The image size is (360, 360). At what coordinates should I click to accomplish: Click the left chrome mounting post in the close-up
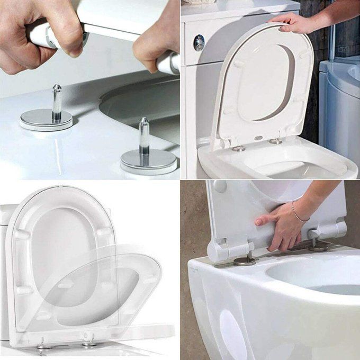(57, 101)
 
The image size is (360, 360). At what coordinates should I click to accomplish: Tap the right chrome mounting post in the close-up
(143, 137)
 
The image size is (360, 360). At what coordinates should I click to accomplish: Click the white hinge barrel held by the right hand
(168, 63)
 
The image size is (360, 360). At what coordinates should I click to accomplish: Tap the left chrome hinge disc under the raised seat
(238, 148)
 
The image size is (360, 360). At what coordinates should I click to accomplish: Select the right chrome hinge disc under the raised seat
(275, 141)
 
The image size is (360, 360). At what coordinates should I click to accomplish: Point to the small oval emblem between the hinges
(258, 138)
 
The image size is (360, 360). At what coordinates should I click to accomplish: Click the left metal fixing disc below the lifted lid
(244, 260)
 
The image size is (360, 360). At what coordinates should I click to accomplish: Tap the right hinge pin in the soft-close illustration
(88, 339)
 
